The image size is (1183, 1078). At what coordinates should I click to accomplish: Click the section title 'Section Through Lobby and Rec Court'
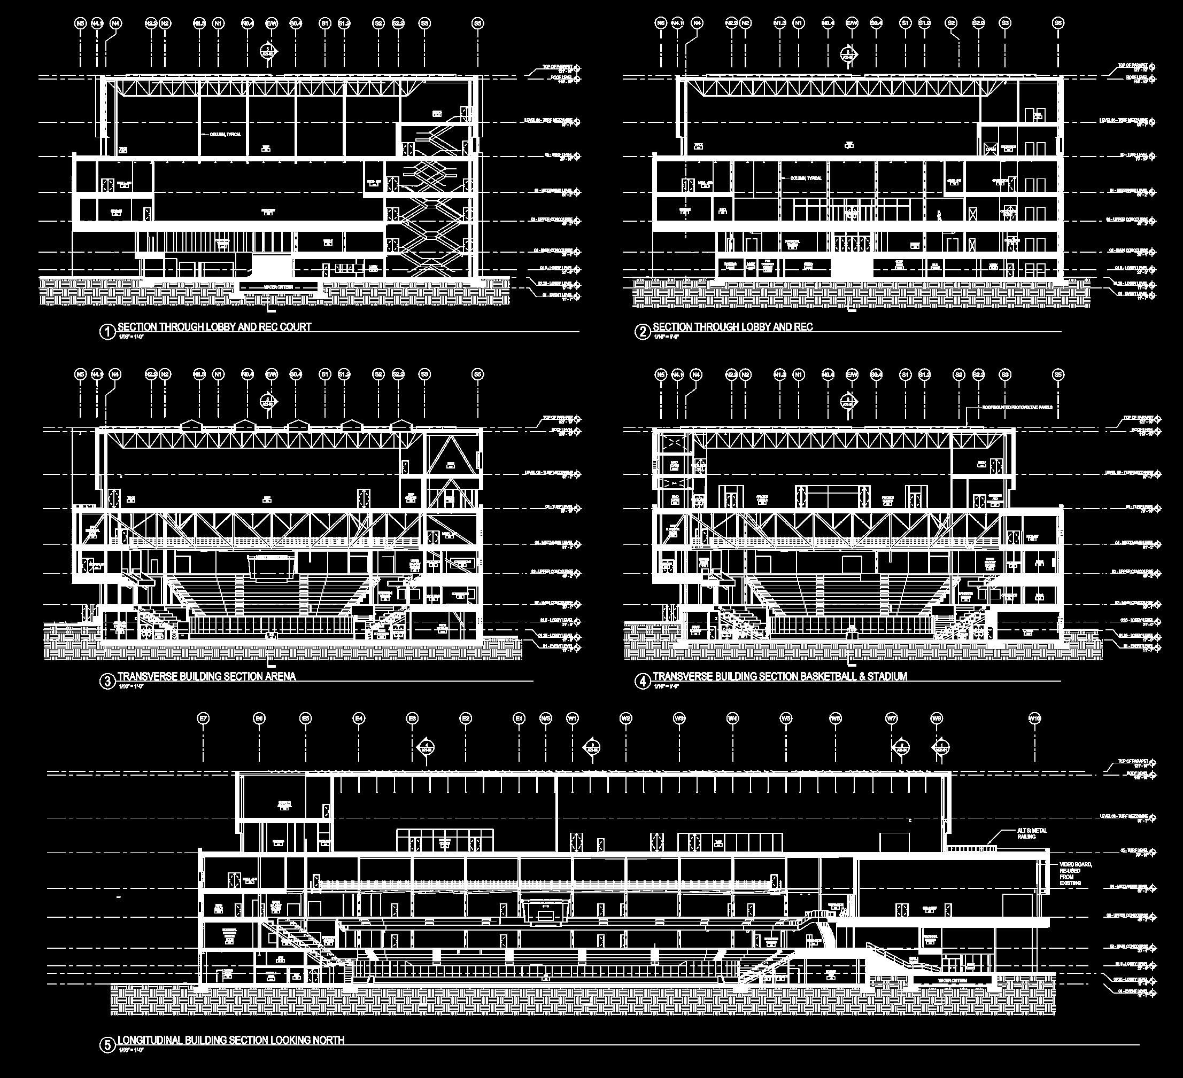pos(214,327)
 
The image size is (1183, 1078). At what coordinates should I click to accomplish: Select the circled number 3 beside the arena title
pos(107,681)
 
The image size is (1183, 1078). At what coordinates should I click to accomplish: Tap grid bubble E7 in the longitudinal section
pos(204,718)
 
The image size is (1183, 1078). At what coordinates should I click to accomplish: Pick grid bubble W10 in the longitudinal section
pos(1034,718)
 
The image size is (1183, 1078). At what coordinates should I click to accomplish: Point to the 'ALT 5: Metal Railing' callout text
pos(1032,833)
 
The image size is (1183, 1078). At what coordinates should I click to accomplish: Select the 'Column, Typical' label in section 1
pos(226,134)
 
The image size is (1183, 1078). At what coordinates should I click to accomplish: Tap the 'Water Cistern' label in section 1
pos(278,287)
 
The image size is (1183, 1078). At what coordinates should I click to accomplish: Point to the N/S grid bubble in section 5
pos(546,718)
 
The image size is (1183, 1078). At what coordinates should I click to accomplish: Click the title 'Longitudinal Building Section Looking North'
pos(231,1040)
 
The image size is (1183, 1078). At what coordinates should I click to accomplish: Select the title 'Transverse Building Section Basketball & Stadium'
pos(780,676)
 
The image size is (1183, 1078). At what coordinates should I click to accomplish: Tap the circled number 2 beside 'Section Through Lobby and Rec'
pos(642,332)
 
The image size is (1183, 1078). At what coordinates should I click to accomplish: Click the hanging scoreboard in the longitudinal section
pos(546,908)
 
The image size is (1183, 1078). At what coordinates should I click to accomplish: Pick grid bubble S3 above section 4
pos(1005,375)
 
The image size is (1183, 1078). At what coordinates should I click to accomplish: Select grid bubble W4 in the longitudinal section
pos(732,718)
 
